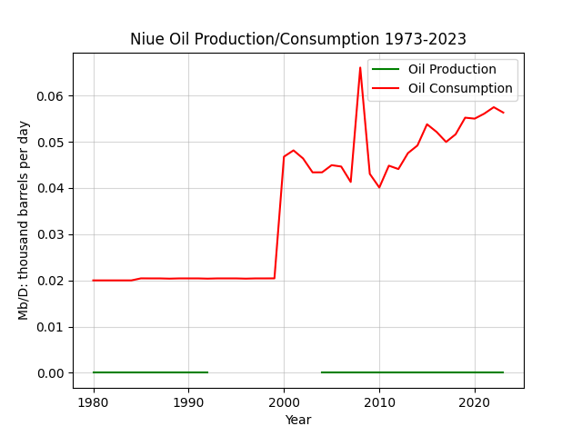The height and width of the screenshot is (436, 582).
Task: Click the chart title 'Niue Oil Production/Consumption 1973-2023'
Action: (298, 39)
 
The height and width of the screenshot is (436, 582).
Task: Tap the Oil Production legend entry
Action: (434, 69)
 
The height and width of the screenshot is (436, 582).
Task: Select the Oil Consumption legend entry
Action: (442, 89)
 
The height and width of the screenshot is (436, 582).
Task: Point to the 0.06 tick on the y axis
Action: (50, 96)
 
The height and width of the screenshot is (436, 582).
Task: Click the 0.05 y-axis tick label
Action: (50, 143)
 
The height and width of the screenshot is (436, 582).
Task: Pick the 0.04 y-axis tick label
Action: (50, 189)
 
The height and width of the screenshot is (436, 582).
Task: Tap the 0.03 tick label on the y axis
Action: (50, 235)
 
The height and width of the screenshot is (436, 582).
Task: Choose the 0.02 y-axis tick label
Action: (50, 281)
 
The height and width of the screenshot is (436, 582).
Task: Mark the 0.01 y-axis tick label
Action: (50, 327)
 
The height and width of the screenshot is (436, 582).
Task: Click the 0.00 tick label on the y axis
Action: (50, 373)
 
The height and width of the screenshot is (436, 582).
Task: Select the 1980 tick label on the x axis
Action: (93, 402)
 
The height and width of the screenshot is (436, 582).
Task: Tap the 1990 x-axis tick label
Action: (188, 402)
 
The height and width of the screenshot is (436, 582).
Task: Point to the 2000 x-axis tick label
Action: (284, 402)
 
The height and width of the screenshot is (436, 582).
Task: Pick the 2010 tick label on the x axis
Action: (379, 402)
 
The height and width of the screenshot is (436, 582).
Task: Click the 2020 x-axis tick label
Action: (475, 402)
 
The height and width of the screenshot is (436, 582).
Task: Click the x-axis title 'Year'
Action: (298, 420)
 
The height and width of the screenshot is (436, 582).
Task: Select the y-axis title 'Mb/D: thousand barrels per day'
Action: (23, 221)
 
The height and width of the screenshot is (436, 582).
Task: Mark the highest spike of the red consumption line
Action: (360, 67)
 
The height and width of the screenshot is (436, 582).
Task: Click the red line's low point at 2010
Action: (379, 187)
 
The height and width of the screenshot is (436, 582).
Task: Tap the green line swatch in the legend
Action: (386, 69)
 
